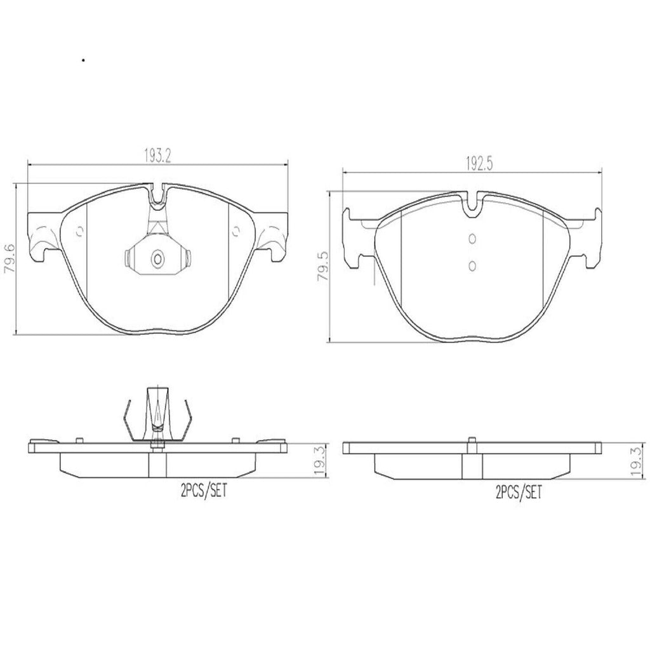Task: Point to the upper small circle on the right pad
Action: tap(472, 239)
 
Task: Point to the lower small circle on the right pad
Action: tap(472, 265)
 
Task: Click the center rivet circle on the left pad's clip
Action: tap(157, 258)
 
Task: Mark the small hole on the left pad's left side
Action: tap(79, 232)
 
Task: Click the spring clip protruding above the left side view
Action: tap(157, 413)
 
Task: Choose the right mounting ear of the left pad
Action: tap(274, 235)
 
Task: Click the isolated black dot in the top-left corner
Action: tap(83, 61)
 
